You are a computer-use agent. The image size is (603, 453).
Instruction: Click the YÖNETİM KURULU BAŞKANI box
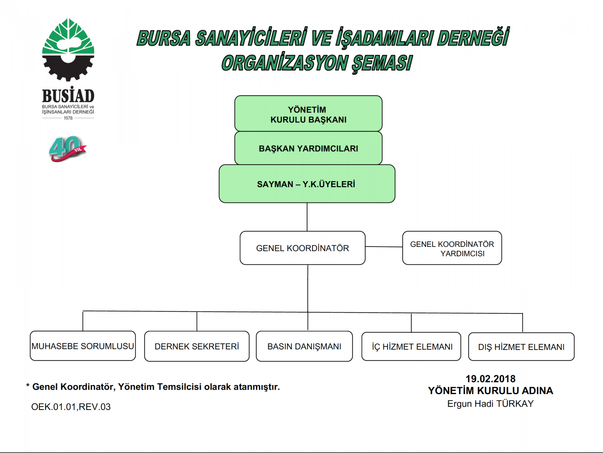308,114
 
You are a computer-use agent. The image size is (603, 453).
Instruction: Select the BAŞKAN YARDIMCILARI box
308,148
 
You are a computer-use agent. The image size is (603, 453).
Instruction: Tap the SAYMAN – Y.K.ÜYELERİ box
307,184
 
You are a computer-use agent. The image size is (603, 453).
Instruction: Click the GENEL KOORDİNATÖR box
303,248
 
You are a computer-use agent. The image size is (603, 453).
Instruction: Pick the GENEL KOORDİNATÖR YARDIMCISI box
452,248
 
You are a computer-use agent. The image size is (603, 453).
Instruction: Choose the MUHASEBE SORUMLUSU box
83,345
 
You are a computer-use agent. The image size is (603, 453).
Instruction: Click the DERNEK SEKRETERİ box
197,346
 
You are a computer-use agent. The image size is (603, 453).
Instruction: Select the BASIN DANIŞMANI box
304,346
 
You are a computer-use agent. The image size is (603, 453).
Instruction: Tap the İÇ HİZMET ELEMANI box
411,346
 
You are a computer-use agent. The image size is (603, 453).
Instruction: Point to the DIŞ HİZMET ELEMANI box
521,347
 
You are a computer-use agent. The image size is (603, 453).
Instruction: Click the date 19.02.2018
491,379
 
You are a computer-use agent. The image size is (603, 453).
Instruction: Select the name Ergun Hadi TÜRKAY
491,404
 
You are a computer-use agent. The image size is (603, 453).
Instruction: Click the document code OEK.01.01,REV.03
71,407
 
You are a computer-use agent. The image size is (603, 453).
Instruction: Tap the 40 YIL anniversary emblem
68,149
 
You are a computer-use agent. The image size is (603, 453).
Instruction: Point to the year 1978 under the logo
68,118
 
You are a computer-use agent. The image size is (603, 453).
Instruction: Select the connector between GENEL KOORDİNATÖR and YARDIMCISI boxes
384,247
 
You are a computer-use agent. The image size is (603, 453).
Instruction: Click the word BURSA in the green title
164,38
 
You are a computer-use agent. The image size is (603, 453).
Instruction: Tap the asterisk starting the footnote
28,385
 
